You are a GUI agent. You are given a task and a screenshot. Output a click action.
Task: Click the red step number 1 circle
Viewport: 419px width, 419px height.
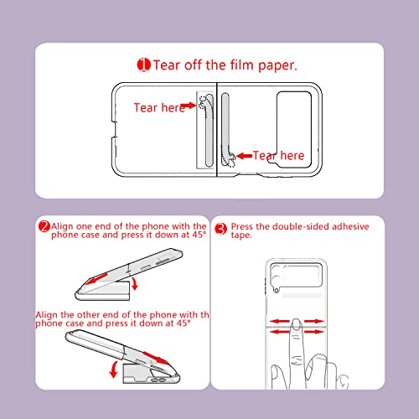(143, 65)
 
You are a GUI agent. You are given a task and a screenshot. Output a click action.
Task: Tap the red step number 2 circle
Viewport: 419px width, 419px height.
(44, 226)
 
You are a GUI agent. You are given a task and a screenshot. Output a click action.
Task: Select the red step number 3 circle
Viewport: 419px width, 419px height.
(221, 229)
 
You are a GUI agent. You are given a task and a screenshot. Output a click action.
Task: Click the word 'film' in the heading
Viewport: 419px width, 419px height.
(242, 65)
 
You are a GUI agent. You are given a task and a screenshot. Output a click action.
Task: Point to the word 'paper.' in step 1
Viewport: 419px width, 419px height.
(277, 66)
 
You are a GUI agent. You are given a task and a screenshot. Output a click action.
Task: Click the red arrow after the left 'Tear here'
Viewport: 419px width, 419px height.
(189, 106)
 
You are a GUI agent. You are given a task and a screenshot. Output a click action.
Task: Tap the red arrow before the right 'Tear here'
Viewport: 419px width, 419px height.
(244, 156)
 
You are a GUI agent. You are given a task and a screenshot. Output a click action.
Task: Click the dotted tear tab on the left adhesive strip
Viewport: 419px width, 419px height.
(204, 101)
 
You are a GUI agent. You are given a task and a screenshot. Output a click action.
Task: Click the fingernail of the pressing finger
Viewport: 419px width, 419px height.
(296, 324)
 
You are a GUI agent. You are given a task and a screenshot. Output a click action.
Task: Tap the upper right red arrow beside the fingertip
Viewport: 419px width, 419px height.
(314, 321)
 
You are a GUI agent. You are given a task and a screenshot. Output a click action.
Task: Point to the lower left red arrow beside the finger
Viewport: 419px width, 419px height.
(280, 332)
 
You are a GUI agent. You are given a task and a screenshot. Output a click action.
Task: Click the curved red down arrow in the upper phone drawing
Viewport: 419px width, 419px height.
(136, 284)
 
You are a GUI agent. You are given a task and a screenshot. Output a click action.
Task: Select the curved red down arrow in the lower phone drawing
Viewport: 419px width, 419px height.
(113, 370)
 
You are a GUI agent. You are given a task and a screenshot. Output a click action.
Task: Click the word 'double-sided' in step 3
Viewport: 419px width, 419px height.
(301, 226)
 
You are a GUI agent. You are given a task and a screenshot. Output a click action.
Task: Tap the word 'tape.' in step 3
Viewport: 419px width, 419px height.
(241, 235)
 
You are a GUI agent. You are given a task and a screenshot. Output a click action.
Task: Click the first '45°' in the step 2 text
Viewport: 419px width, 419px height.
(199, 235)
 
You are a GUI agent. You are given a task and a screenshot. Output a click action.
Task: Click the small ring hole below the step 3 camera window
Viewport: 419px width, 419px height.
(277, 291)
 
